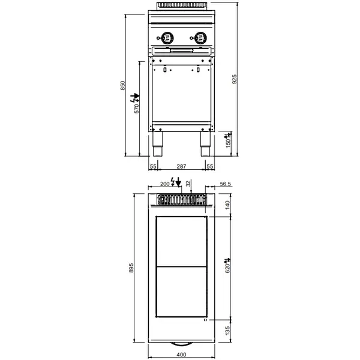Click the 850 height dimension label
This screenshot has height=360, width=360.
click(x=123, y=86)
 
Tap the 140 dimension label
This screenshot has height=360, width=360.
click(x=227, y=205)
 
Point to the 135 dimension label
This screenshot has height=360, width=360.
click(x=227, y=331)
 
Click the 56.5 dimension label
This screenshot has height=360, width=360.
click(x=226, y=185)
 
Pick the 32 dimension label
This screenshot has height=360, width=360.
click(x=188, y=183)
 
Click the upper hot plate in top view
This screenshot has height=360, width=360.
click(x=181, y=242)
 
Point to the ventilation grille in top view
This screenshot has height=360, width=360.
click(x=181, y=200)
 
